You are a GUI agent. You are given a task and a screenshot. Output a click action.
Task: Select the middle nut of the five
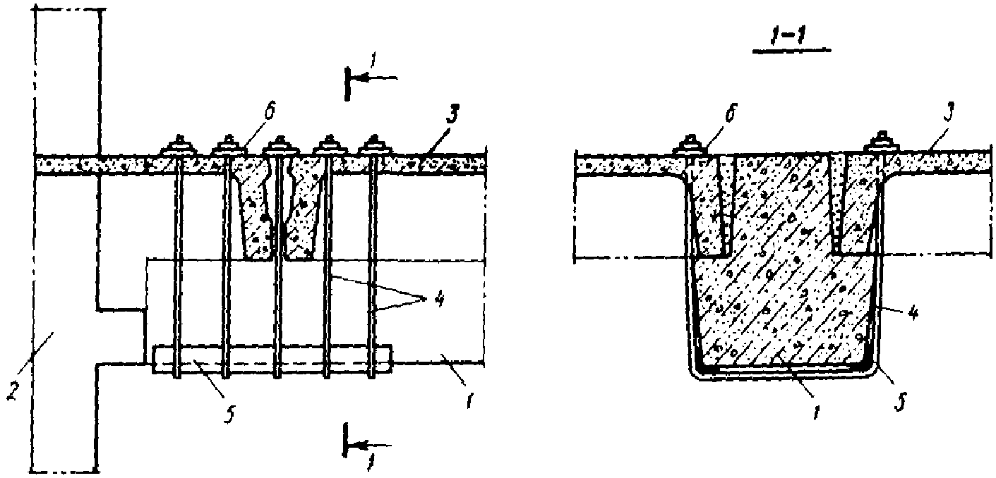[x=277, y=147]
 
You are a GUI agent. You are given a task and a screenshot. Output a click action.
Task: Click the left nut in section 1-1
[x=692, y=147]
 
